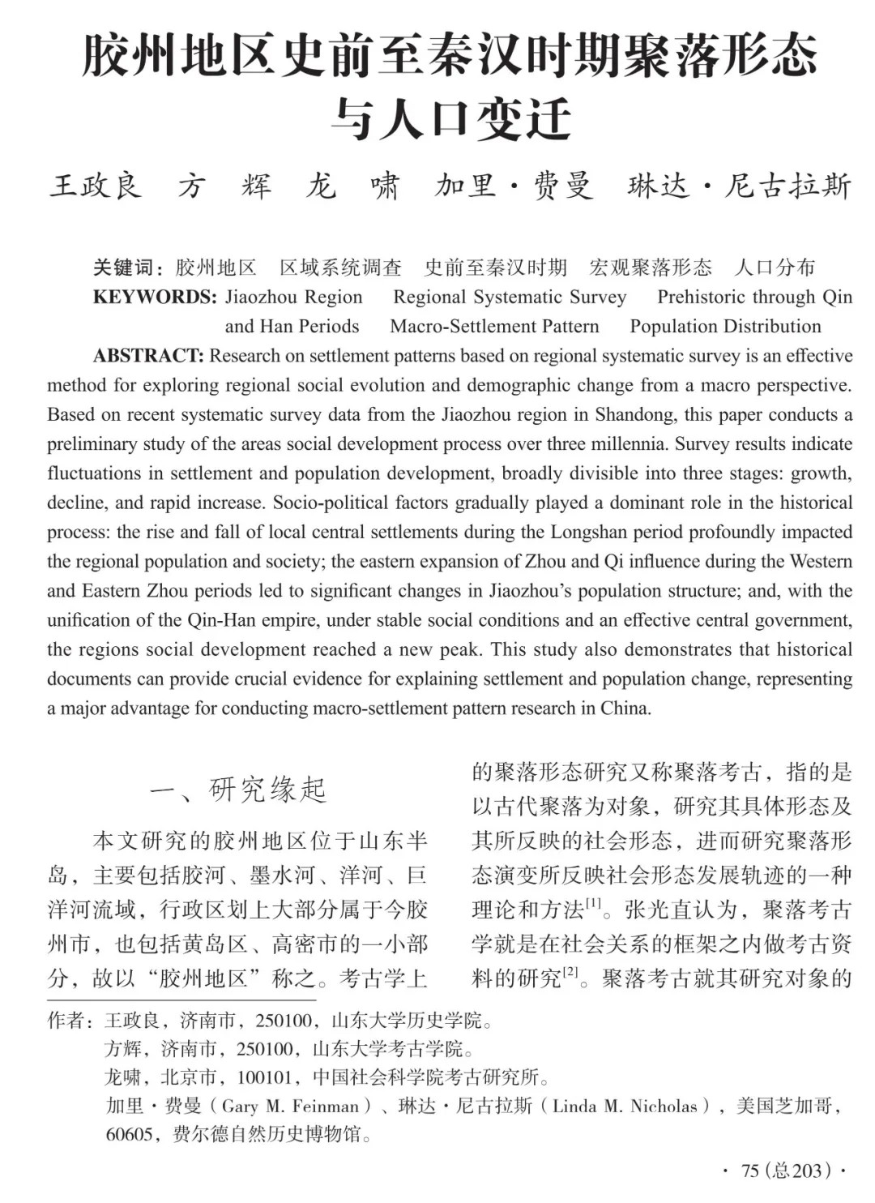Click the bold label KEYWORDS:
tap(155, 297)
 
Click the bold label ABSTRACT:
tap(148, 356)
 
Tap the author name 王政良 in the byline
tap(96, 186)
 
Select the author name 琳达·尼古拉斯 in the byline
tap(739, 186)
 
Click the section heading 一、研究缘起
tap(238, 790)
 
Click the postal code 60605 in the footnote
tap(130, 1134)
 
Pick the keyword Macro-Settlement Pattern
tap(494, 327)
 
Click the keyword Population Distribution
tap(725, 327)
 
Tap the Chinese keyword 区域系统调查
tap(340, 268)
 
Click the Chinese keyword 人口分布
tap(775, 268)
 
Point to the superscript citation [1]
tap(594, 903)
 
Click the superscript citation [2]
tap(571, 971)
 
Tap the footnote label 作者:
tap(70, 1021)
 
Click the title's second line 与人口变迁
tap(450, 119)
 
